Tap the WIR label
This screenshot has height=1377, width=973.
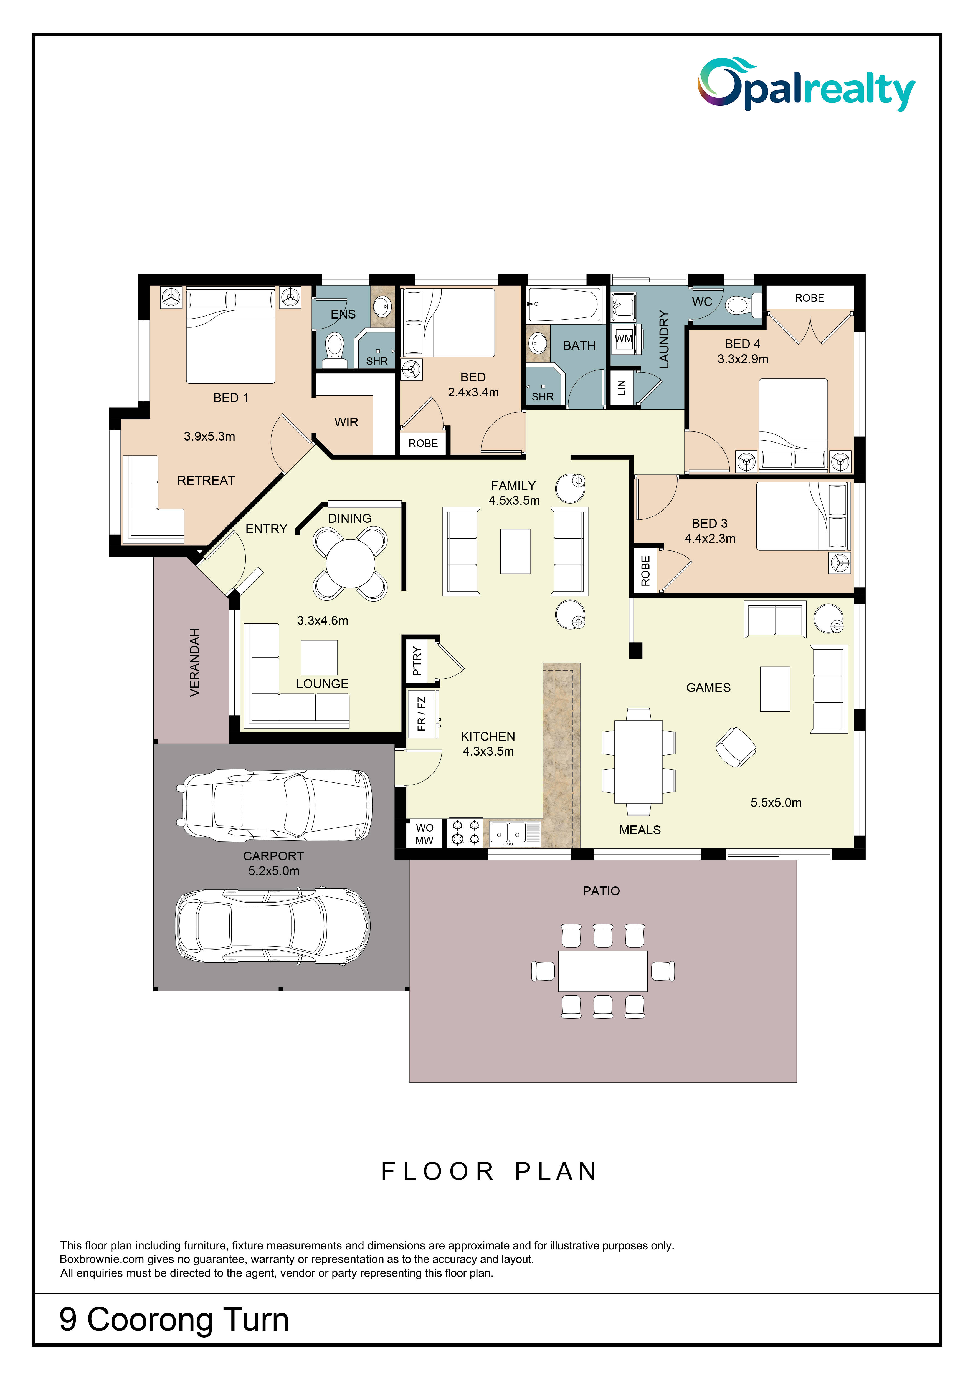point(346,422)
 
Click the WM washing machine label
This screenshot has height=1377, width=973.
point(624,338)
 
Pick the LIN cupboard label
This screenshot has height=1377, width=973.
point(621,388)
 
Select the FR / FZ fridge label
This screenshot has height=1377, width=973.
point(421,713)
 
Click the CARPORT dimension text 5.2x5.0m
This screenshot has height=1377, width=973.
point(274,871)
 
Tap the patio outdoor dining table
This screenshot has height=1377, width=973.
point(602,971)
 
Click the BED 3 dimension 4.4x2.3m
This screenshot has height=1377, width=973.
point(710,539)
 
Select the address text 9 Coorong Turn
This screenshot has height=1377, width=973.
point(174,1320)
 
